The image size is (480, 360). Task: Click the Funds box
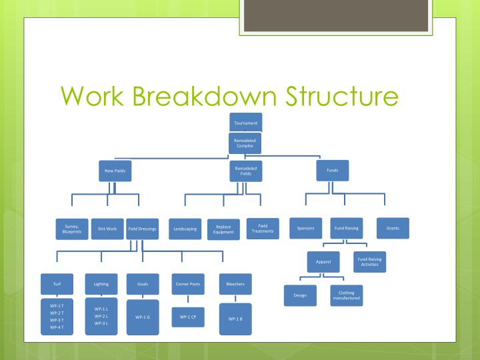point(332,171)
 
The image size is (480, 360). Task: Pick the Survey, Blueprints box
point(71,229)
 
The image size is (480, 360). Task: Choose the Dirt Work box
point(107,229)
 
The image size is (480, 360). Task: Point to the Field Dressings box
point(142,229)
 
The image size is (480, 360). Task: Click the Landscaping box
point(185,229)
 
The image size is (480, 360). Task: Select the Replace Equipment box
point(223,229)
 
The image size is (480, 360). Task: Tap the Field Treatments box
point(261,228)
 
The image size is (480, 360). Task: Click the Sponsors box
point(305,228)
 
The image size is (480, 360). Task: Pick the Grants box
point(393,228)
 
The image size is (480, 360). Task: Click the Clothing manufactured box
point(346,295)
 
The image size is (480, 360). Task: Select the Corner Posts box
point(187,284)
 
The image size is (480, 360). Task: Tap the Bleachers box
point(235,284)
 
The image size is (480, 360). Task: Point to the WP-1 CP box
point(187,317)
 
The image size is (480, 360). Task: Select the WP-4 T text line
point(57,327)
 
